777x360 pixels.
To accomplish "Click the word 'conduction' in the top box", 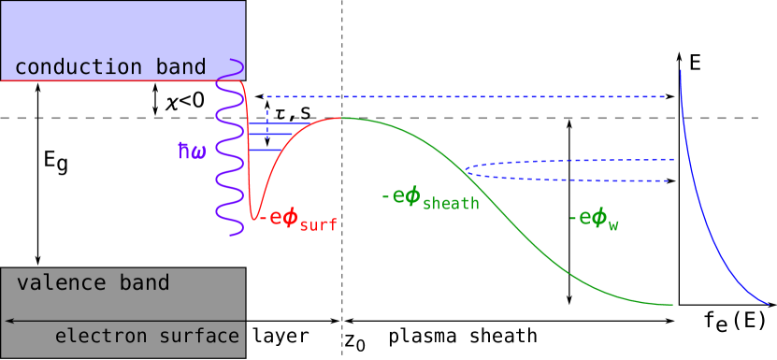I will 77,67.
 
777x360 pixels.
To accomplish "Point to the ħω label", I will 192,149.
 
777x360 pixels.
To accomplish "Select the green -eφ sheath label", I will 430,199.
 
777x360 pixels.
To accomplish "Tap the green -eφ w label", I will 595,220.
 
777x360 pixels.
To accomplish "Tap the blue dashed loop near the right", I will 561,170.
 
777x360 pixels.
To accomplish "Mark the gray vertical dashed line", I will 342,281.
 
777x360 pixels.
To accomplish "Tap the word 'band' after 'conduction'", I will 179,67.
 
